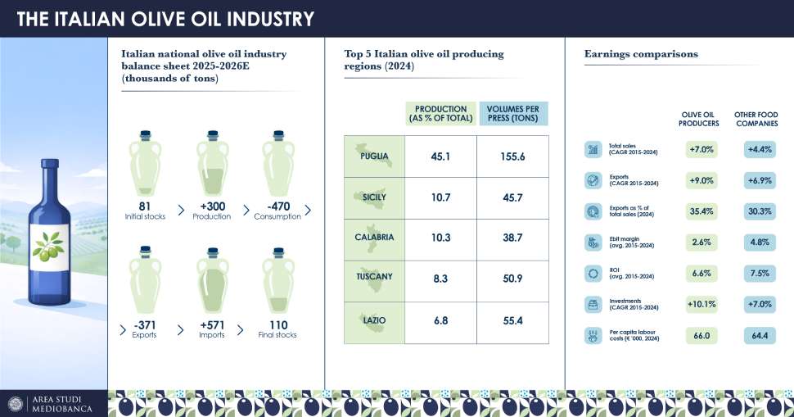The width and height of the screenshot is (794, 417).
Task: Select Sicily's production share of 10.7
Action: (440, 197)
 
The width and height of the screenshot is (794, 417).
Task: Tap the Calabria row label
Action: (375, 238)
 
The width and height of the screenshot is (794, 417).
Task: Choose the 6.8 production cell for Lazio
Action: (440, 320)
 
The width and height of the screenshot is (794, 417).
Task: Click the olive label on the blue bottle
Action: (49, 245)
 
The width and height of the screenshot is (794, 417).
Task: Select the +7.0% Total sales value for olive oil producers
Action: (702, 150)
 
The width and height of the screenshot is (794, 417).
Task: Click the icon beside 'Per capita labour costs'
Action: (592, 335)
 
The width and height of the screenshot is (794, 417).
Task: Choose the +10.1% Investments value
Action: (702, 305)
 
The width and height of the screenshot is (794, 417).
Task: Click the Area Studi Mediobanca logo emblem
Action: (16, 403)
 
